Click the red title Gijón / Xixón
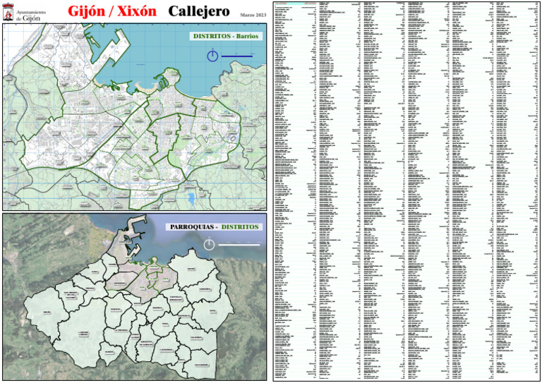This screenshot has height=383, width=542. pyautogui.click(x=112, y=13)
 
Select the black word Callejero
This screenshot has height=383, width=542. pyautogui.click(x=200, y=13)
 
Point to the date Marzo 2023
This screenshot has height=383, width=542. pyautogui.click(x=253, y=15)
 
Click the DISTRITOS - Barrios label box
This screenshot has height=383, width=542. pyautogui.click(x=225, y=35)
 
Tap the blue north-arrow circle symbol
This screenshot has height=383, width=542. pyautogui.click(x=212, y=56)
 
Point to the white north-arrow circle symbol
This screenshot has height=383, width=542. pyautogui.click(x=209, y=245)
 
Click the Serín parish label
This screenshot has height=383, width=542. pyautogui.click(x=47, y=312)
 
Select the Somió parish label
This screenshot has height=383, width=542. pyautogui.click(x=191, y=269)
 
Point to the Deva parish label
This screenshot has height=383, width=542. pyautogui.click(x=212, y=311)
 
